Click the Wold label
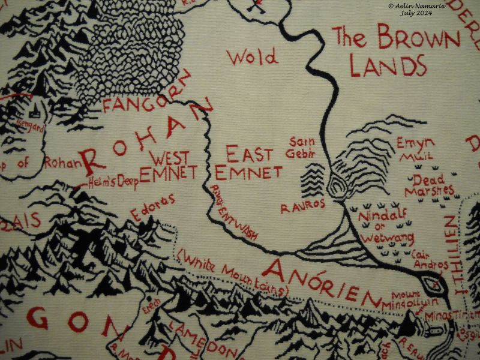tap(252, 58)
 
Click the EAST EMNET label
tap(248, 164)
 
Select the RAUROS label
tap(302, 206)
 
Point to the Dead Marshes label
tap(428, 185)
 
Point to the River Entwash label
tap(234, 212)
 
